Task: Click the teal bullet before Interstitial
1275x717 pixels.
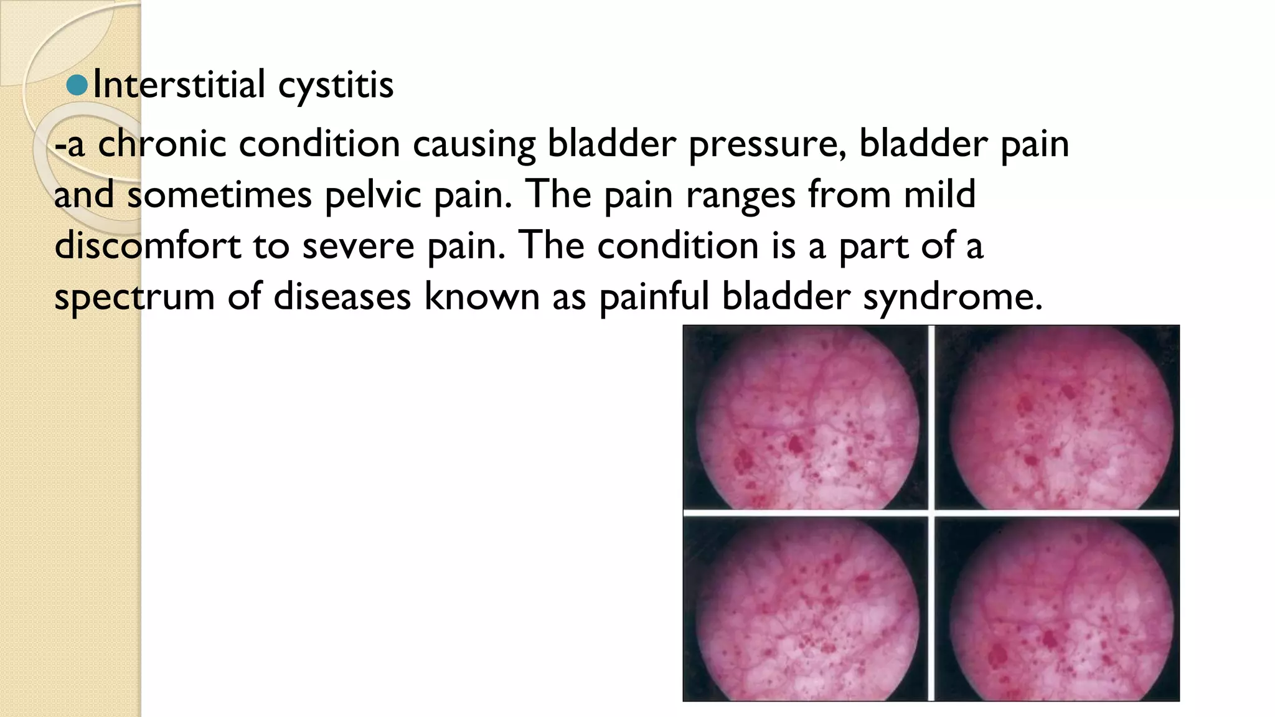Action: point(77,85)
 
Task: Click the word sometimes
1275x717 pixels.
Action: point(219,195)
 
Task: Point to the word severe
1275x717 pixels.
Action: point(358,246)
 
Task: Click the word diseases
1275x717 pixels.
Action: point(342,297)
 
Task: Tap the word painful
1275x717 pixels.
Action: point(654,297)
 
